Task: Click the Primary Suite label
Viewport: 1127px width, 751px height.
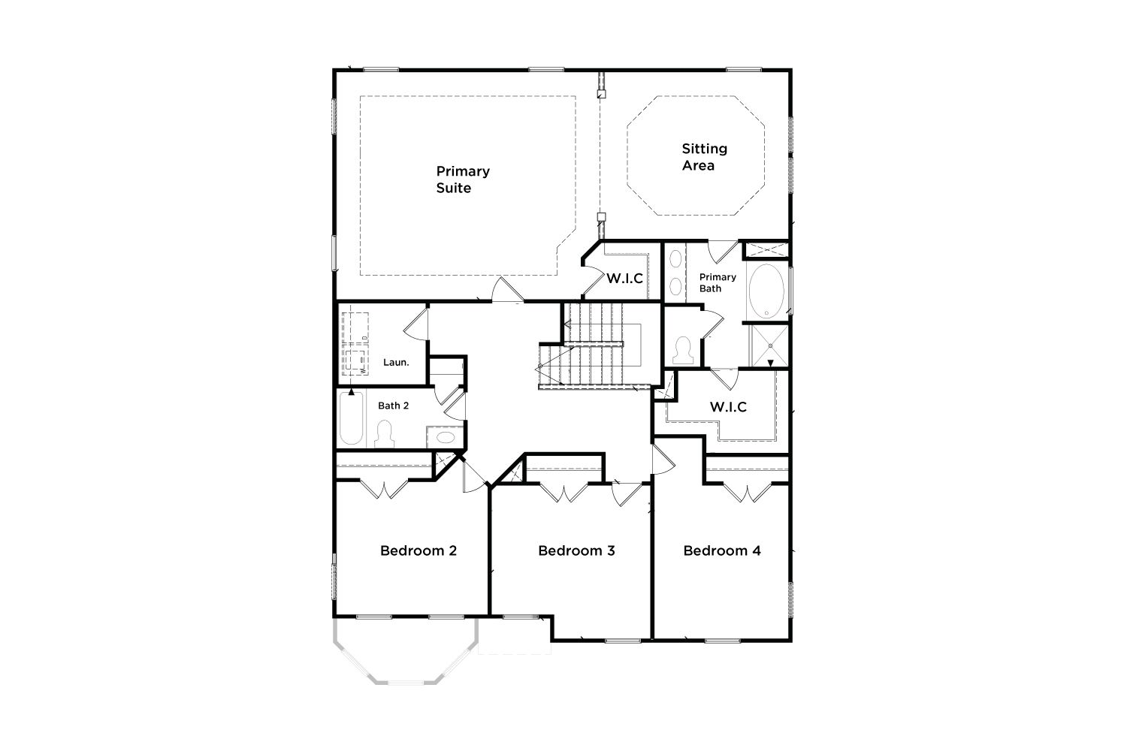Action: [x=463, y=179]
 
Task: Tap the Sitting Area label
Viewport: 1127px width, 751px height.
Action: [x=705, y=157]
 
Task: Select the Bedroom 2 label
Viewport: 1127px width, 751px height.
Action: [x=418, y=550]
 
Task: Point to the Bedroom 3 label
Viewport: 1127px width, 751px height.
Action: [x=576, y=550]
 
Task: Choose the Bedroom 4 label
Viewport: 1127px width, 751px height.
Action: [x=722, y=550]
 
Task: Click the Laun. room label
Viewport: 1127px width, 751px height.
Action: [x=396, y=362]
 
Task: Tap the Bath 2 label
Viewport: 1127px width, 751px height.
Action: [x=394, y=406]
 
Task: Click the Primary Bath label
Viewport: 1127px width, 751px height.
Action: [x=718, y=282]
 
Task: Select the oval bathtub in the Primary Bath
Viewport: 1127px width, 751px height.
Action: [x=766, y=291]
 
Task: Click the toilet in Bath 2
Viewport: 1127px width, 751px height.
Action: [x=385, y=434]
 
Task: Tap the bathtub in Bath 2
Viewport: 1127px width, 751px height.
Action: [x=351, y=418]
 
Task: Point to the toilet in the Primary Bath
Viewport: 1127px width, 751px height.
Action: [x=683, y=351]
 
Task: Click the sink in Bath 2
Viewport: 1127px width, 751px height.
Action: [x=446, y=437]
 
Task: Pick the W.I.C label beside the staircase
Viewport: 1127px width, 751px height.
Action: [x=625, y=279]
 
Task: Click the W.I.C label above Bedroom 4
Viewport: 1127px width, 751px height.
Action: [x=728, y=407]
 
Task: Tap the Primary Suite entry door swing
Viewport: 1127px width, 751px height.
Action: [x=506, y=290]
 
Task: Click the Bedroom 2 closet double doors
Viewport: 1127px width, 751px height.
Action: [x=384, y=490]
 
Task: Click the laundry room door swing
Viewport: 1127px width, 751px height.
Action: [x=416, y=324]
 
